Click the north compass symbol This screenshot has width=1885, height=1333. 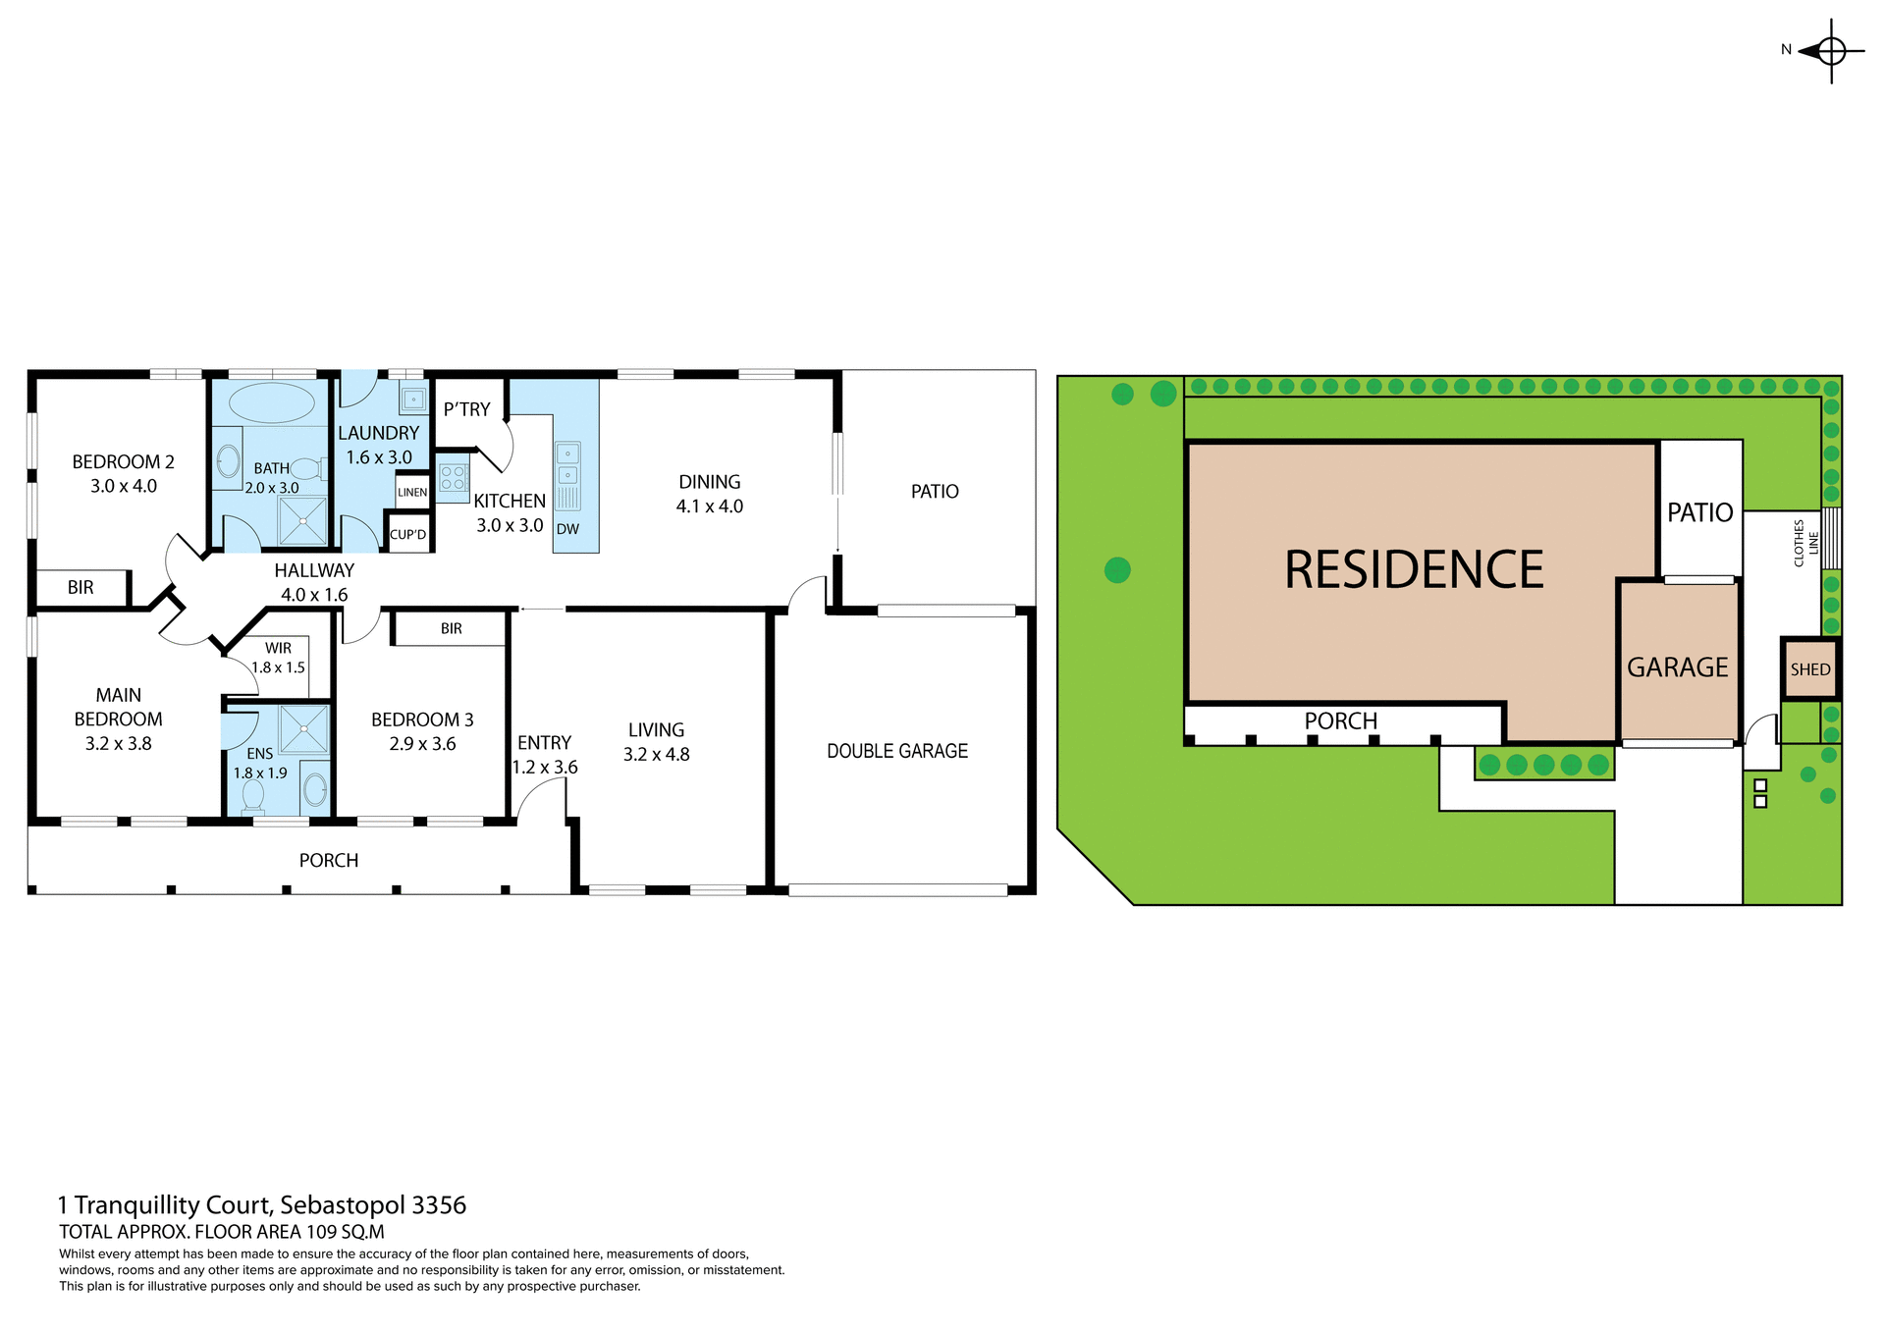pos(1830,50)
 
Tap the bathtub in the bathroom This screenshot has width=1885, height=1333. pos(271,402)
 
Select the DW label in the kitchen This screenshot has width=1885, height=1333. pos(567,529)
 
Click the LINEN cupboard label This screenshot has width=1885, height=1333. pos(412,493)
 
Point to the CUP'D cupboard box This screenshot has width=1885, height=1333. pos(408,535)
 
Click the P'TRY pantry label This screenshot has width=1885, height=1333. pos(466,409)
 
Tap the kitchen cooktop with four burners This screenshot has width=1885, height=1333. pos(453,478)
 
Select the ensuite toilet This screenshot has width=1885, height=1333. pos(253,797)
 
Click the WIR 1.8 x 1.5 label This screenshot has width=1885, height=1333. pos(278,658)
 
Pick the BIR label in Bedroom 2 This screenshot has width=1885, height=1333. pos(81,588)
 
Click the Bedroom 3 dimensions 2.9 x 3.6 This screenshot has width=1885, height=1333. pos(422,744)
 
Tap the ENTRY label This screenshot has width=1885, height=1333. pos(544,743)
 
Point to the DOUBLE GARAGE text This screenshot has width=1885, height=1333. pos(897,751)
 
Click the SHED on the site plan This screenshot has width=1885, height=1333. pos(1809,669)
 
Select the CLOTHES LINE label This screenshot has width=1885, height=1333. pos(1805,543)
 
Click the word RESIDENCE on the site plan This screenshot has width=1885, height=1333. pos(1414,570)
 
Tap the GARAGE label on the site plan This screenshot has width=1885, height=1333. pos(1677,667)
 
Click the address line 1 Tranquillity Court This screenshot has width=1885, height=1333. pos(262,1204)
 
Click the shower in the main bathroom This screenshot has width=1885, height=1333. pos(302,521)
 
